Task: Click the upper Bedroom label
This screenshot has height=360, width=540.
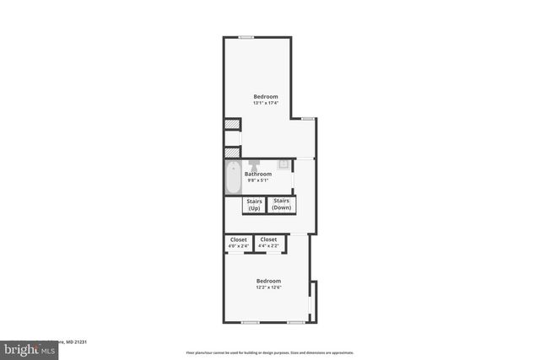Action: [266, 96]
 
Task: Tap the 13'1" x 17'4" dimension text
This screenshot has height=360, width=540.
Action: [266, 103]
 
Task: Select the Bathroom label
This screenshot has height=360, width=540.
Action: [258, 174]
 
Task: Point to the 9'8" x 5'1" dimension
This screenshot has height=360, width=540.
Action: [257, 180]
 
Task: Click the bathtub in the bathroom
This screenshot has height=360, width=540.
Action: [233, 178]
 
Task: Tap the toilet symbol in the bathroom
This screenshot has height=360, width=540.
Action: [254, 164]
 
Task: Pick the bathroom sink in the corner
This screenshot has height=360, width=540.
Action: [285, 164]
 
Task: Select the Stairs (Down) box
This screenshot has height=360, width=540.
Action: [282, 204]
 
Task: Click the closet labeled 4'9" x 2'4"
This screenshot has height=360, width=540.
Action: [239, 243]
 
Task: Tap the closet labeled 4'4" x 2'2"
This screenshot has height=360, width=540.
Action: [268, 243]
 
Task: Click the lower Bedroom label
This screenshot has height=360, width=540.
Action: [268, 280]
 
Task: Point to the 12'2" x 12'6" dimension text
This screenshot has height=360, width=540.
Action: [268, 287]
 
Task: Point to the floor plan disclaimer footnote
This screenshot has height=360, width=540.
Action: [269, 352]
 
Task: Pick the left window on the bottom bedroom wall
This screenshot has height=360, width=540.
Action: [250, 322]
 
